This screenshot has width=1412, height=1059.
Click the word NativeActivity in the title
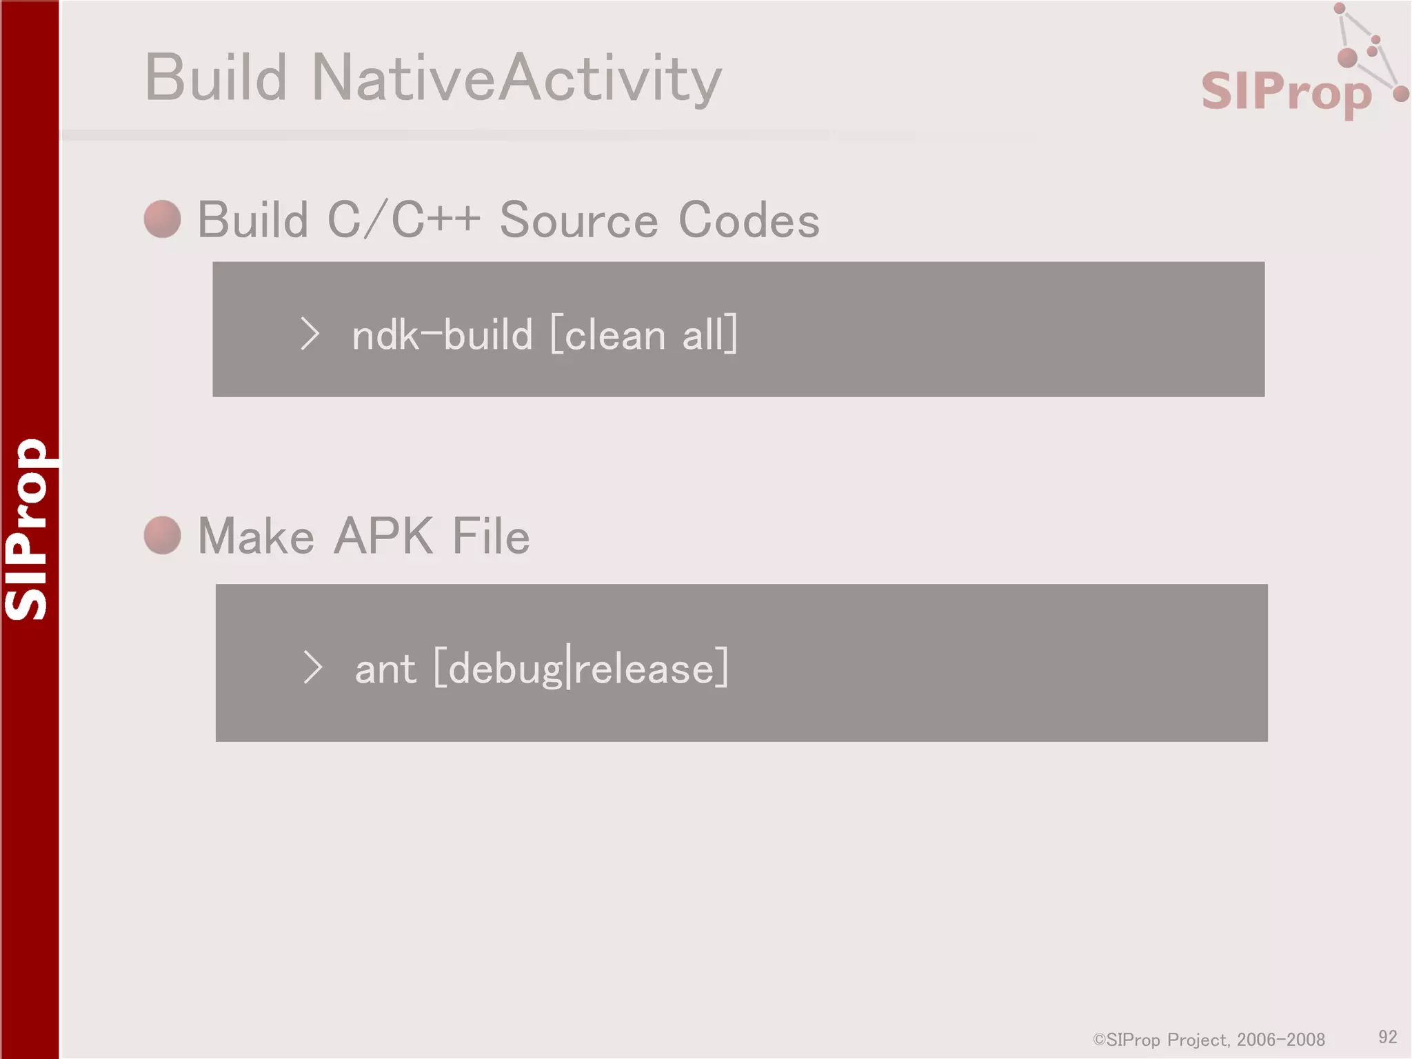tap(516, 78)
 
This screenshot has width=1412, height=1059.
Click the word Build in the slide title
tap(216, 78)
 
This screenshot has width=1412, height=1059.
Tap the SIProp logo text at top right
tap(1286, 92)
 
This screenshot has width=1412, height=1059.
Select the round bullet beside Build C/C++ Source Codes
tap(163, 219)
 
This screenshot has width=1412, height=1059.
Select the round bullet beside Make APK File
tap(163, 535)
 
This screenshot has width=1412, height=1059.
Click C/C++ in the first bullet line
tap(403, 220)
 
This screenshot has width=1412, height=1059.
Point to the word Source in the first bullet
tap(578, 220)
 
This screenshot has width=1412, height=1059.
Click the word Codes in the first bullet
tap(749, 220)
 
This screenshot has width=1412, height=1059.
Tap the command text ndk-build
tap(442, 335)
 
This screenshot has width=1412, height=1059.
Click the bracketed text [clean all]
tap(644, 335)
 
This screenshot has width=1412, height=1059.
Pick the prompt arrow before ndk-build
tap(310, 334)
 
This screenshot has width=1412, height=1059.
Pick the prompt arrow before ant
tap(312, 667)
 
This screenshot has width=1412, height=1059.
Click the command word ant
tap(385, 669)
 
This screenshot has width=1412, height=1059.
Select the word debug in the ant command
tap(505, 669)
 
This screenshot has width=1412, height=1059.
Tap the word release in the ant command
tap(644, 669)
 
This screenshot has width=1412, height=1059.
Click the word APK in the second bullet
tap(383, 536)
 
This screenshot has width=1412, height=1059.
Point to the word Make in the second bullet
tap(256, 536)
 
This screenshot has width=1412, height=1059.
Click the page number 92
tap(1387, 1037)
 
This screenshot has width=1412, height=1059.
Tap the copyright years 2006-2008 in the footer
tap(1281, 1040)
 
